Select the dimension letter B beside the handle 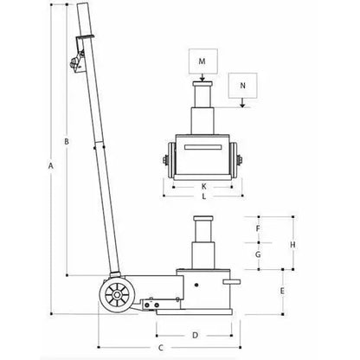coord(67,140)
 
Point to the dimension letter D coord(196,333)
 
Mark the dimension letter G coord(258,255)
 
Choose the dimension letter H coord(293,244)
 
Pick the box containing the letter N coord(242,87)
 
